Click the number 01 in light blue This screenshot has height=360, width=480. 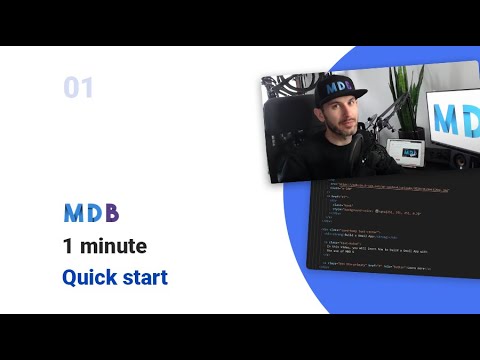78,88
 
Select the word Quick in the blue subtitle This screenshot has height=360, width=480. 89,277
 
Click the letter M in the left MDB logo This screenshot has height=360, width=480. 74,213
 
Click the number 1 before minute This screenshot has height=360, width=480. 67,246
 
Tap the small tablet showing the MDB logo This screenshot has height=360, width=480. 411,153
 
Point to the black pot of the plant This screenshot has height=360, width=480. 406,132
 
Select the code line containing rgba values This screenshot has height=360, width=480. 384,214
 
